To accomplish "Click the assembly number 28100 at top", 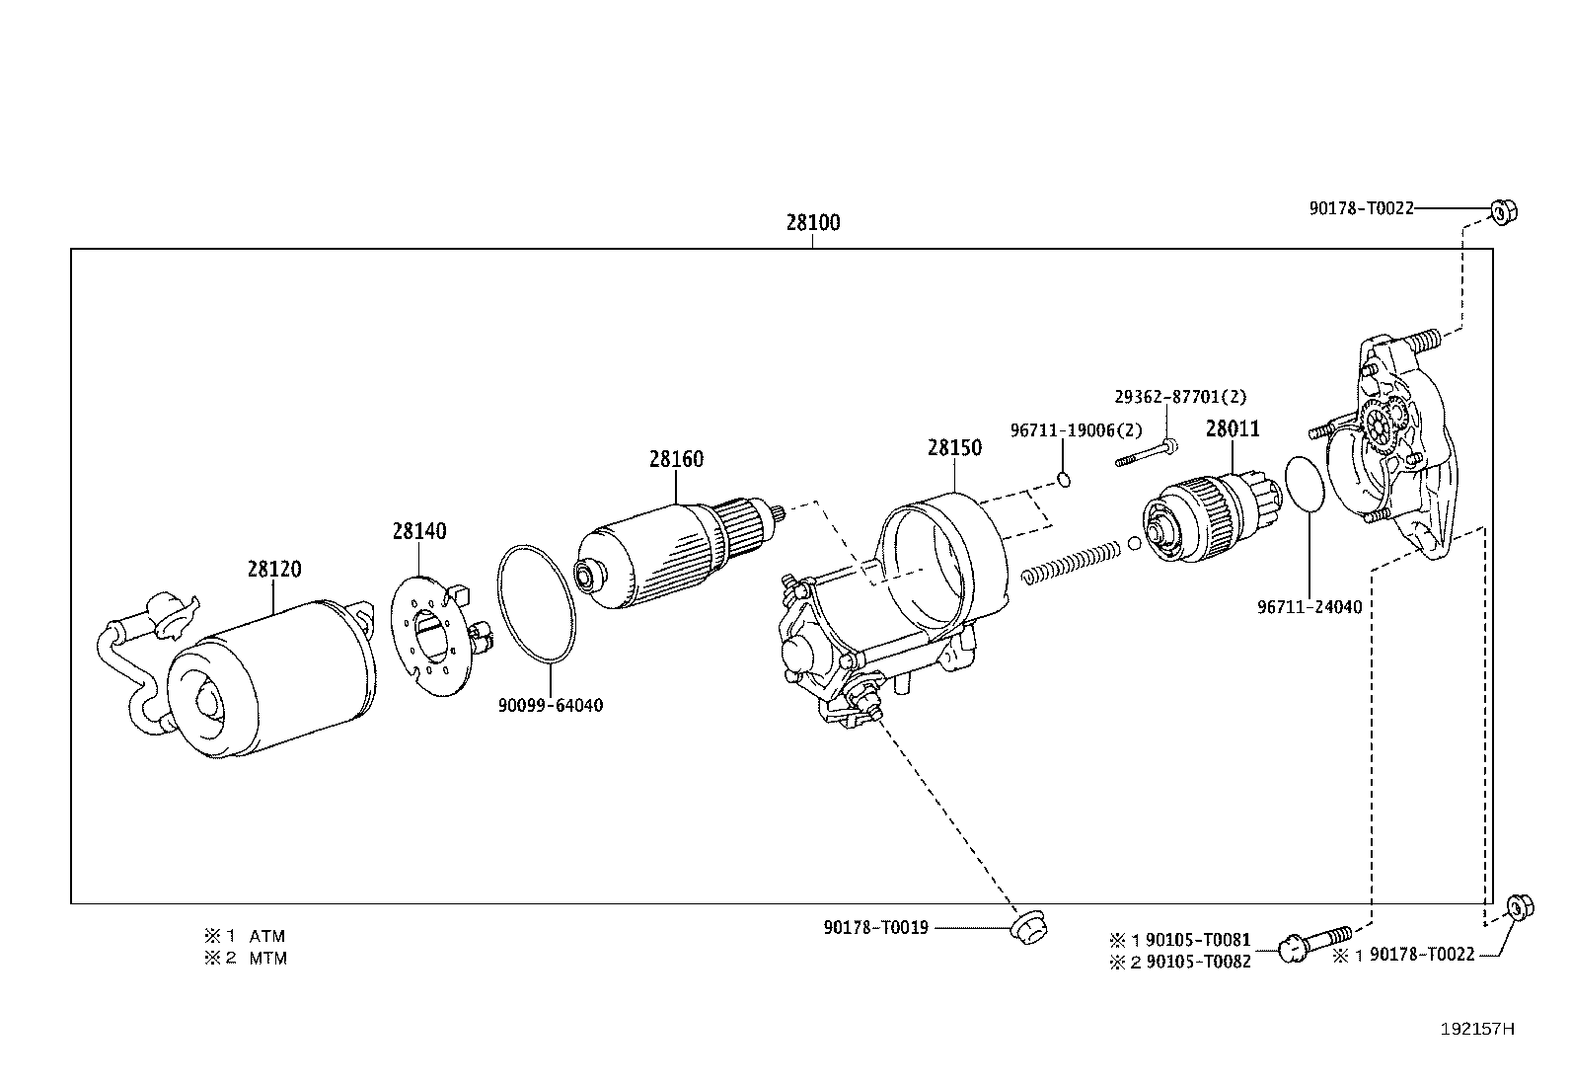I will [x=812, y=223].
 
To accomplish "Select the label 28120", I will [x=273, y=570].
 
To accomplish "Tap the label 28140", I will [x=418, y=531].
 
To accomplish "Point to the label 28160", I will [x=676, y=459].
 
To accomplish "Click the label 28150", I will [x=954, y=448].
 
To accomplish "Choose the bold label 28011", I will [x=1232, y=429].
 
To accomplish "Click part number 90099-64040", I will [x=550, y=705].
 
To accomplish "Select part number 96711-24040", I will [x=1309, y=607].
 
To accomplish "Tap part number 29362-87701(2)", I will [x=1180, y=397].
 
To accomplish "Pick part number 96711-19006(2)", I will [x=1076, y=430].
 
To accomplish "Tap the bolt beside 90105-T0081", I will [x=1313, y=944].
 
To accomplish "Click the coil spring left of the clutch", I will [x=1071, y=560].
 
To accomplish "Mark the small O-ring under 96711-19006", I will [x=1064, y=480].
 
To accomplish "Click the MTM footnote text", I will [x=267, y=958].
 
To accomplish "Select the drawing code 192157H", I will [x=1476, y=1029].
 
